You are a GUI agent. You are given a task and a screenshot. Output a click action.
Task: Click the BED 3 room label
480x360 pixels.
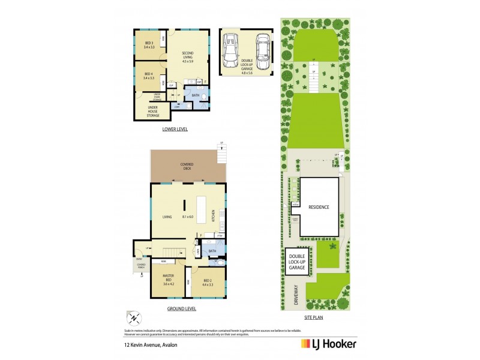pyautogui.click(x=149, y=45)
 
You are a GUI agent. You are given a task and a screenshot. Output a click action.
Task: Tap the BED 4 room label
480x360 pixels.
pyautogui.click(x=149, y=76)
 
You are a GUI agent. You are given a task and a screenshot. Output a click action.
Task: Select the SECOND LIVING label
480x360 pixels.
pyautogui.click(x=188, y=57)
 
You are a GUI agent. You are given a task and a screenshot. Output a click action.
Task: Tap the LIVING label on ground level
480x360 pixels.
pyautogui.click(x=167, y=217)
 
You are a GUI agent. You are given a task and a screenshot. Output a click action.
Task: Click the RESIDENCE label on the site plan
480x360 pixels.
pyautogui.click(x=319, y=207)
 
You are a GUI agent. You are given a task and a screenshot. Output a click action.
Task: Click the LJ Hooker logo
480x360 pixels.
pyautogui.click(x=328, y=344)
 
